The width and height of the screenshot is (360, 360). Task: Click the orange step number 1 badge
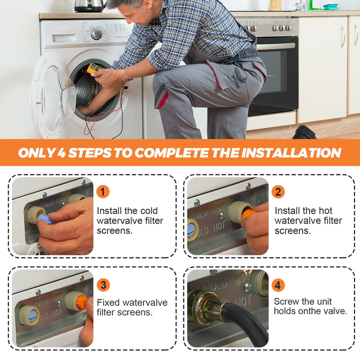coord(102,191)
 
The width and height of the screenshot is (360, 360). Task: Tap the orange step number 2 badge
coord(278,191)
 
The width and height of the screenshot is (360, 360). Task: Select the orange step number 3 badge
coord(103,285)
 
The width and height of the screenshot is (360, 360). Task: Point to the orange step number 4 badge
coord(278,285)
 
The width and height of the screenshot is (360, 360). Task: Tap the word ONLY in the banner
coord(36,152)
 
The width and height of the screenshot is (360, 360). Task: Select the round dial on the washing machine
coord(96,34)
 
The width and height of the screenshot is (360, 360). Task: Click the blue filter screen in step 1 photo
coord(44,218)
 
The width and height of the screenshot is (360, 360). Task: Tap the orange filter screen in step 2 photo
coord(248,214)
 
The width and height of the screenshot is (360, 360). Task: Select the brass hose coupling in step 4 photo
coord(205,306)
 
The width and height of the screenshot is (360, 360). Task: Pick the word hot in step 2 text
coord(324,211)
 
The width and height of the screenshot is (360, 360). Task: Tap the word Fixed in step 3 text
coord(108,302)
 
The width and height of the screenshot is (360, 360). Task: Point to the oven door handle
coord(276,46)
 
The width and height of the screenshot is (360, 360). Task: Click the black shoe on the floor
coord(304,132)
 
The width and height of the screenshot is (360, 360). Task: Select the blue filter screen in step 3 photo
coord(32,316)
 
